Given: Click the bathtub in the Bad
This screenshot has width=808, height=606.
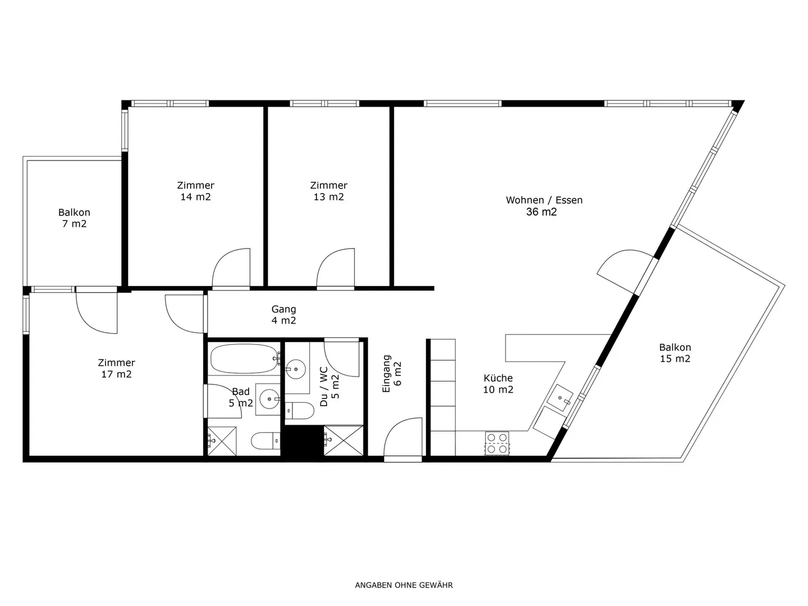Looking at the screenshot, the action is (244, 359).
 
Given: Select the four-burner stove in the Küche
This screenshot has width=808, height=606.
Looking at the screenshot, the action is (497, 444).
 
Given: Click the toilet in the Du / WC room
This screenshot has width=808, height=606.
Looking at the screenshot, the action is (299, 411).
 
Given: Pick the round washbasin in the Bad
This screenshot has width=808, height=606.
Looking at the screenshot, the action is (269, 399).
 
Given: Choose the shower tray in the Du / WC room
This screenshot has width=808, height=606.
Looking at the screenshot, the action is (343, 440).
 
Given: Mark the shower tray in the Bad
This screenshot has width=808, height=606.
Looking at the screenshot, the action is (222, 441).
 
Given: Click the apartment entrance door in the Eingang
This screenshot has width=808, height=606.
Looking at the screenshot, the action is (403, 440).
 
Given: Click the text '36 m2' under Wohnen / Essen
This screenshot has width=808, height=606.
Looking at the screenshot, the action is (541, 212).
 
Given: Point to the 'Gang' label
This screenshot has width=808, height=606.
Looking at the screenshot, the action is (283, 309).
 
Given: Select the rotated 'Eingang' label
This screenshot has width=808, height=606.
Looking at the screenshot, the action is (386, 374).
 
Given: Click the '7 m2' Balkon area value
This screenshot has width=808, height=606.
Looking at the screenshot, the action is (75, 224).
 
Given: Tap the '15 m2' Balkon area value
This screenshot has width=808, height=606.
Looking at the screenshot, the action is (675, 359).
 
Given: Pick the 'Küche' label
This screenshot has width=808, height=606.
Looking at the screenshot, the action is (498, 378).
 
